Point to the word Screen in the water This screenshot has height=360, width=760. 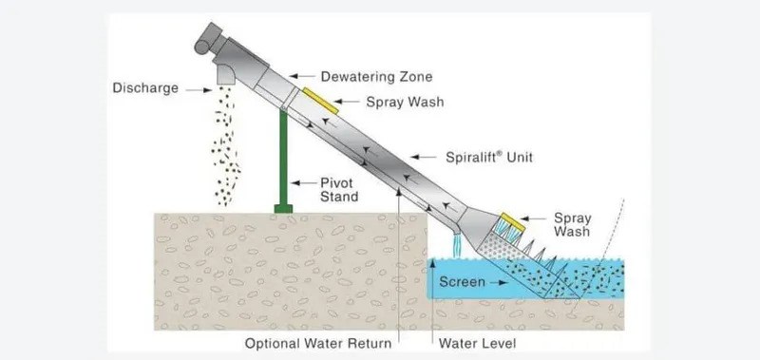point(464,282)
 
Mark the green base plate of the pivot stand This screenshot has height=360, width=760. point(283,207)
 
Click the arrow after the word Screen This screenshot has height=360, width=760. point(502,282)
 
